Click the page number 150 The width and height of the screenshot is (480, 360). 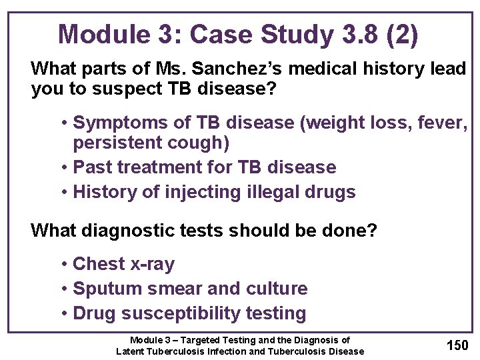coord(457,345)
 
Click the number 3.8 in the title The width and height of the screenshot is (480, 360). coord(353,34)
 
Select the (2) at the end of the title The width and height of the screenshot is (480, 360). coord(401,34)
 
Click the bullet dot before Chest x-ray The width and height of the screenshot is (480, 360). coord(64,264)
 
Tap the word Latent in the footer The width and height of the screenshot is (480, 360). coord(130,351)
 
